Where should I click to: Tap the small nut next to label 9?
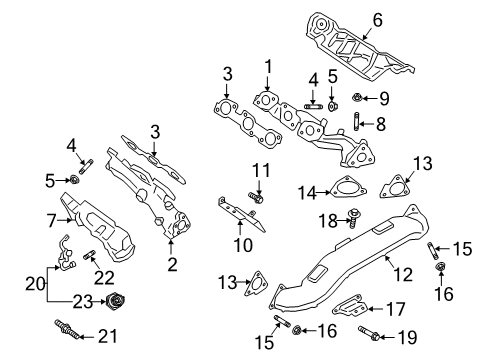point(359,98)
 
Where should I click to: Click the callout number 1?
point(267,68)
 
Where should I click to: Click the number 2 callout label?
point(171,264)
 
